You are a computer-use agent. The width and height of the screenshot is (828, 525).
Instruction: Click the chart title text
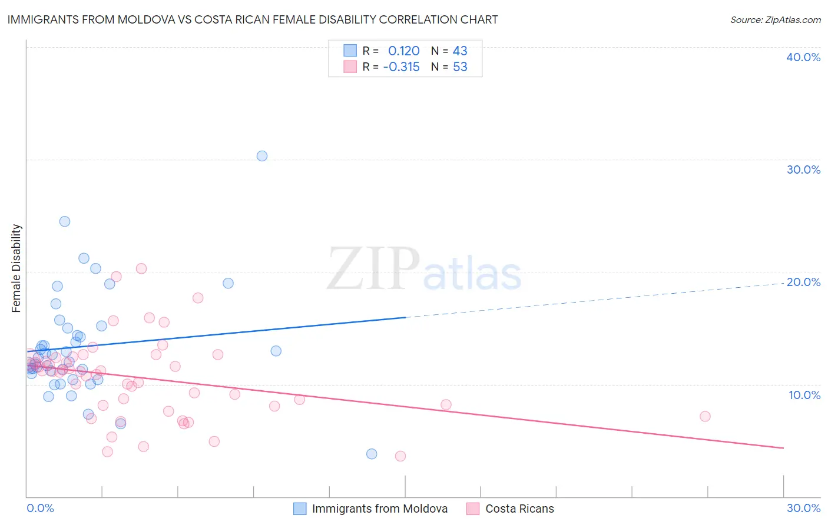tap(253, 19)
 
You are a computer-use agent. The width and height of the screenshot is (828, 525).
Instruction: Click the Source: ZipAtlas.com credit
tap(775, 19)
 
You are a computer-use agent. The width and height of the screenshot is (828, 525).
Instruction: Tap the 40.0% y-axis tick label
tap(803, 57)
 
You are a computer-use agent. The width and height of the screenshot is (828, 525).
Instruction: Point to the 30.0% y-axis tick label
tap(803, 170)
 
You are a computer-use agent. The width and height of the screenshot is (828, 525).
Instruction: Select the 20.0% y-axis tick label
tap(803, 282)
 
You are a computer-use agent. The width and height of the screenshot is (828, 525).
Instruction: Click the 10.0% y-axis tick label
tap(803, 395)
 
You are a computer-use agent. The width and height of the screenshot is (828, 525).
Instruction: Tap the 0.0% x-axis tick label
tap(40, 508)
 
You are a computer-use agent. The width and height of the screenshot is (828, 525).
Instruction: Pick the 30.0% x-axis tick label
tap(803, 508)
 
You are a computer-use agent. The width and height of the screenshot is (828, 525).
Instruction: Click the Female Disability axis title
tap(16, 268)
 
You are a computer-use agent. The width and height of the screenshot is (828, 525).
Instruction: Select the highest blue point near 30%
tap(262, 156)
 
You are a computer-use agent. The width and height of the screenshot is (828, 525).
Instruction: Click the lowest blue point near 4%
tap(372, 454)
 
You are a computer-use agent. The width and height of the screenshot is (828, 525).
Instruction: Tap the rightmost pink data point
tap(705, 416)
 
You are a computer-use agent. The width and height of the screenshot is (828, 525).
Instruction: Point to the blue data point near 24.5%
tap(65, 221)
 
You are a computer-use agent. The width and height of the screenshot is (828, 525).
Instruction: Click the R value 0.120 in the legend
tap(403, 51)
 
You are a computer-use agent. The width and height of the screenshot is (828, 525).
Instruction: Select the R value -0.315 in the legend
tap(401, 67)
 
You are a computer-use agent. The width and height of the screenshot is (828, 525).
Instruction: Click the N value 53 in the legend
tap(460, 67)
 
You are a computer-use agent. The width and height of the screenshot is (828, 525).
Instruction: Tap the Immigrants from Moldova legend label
tap(379, 509)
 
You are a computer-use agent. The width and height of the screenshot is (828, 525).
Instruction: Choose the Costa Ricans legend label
tap(519, 509)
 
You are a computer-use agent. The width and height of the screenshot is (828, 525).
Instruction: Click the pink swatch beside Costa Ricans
tap(473, 509)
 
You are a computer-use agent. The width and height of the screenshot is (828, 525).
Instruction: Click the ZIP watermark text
tap(373, 269)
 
